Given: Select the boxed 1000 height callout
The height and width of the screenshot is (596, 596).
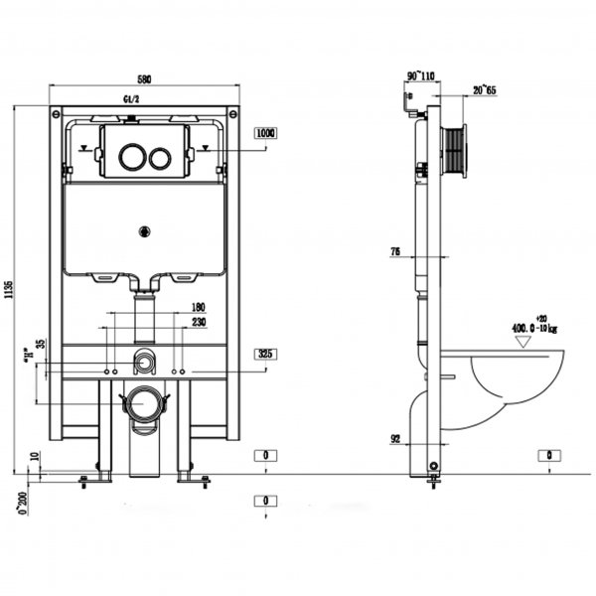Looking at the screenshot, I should (x=264, y=133).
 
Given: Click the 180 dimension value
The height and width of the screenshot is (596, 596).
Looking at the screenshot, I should (x=198, y=307).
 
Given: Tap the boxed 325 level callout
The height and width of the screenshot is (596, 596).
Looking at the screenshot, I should (x=264, y=354).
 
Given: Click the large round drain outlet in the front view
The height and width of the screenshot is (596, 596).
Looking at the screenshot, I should (x=145, y=404).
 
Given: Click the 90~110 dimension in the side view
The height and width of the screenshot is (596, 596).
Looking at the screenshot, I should (x=421, y=74).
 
